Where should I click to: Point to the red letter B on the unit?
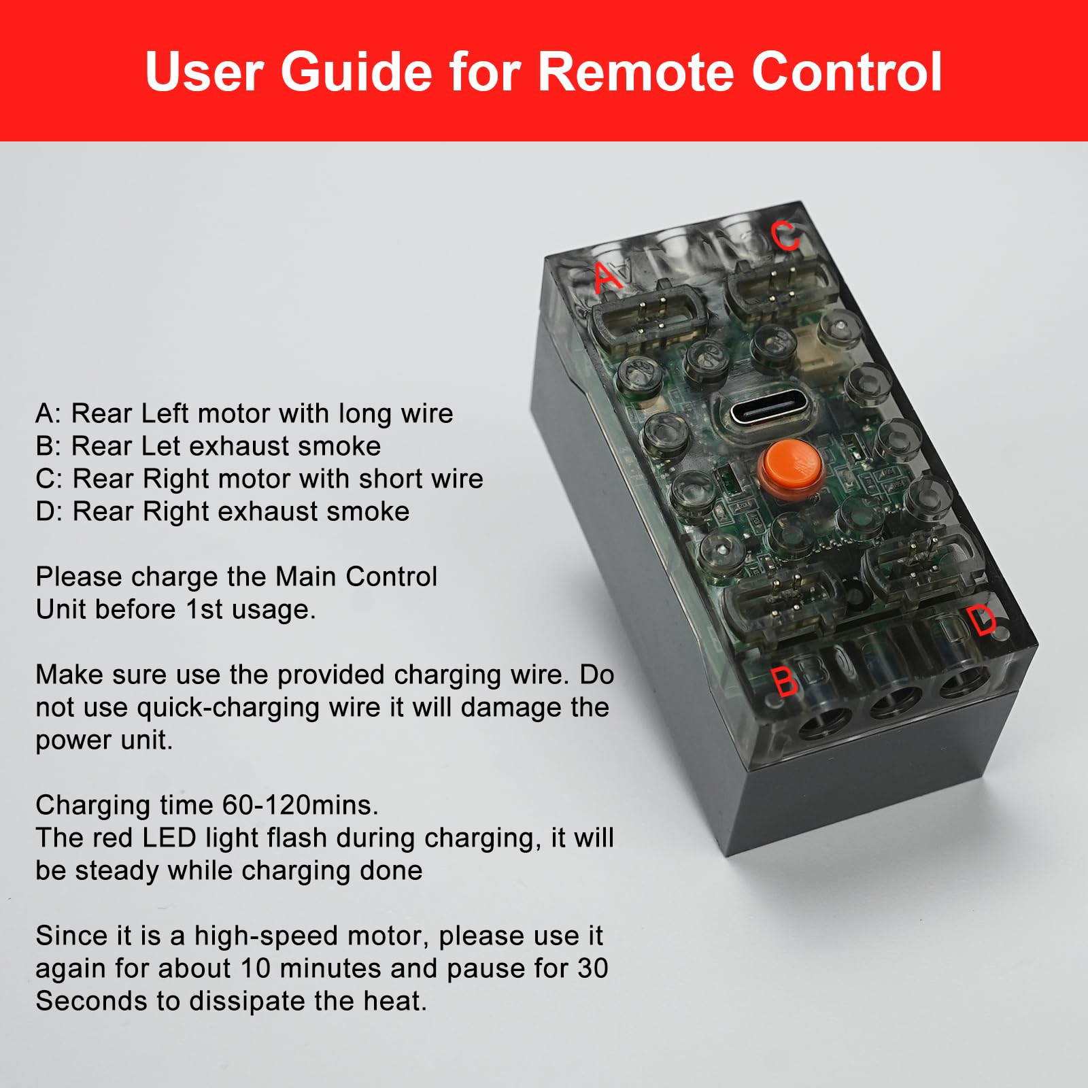(x=785, y=681)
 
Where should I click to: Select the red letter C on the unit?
(x=785, y=235)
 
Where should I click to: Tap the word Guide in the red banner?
(x=357, y=71)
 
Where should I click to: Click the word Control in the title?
(x=847, y=71)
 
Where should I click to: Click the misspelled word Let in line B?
(x=161, y=446)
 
